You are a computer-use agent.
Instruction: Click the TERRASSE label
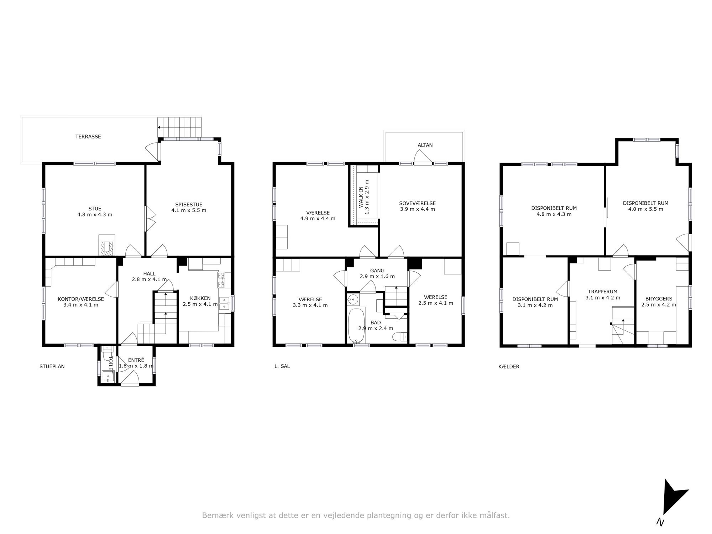tap(88, 136)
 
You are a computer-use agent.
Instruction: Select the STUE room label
tap(95, 209)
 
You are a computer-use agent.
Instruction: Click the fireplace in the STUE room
tap(107, 245)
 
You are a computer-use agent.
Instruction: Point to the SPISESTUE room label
tap(189, 204)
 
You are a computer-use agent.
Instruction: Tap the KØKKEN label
tap(200, 298)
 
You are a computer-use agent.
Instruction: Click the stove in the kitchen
tap(222, 280)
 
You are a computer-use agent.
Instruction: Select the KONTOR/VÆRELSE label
tap(81, 299)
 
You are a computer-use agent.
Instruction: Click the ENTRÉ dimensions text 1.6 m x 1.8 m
tap(136, 366)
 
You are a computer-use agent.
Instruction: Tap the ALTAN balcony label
tap(425, 145)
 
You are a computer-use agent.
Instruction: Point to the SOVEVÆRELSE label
tap(417, 203)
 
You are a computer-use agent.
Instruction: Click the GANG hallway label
tap(377, 271)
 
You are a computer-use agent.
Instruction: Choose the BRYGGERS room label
tap(659, 299)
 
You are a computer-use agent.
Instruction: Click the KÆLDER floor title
tap(509, 366)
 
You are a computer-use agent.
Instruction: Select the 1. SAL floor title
tap(282, 366)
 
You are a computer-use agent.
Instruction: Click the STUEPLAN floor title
tap(52, 366)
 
